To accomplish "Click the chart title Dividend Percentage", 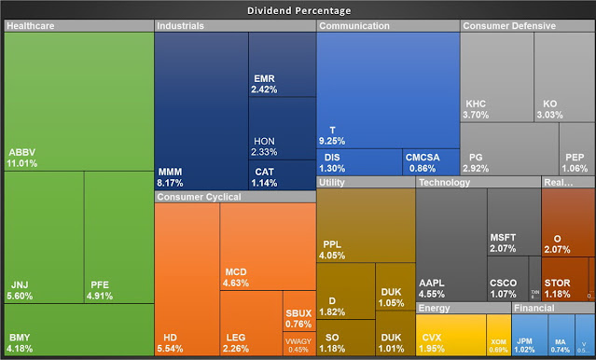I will tap(298, 10).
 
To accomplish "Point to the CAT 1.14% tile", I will tap(283, 174).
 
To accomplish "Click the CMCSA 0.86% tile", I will tap(431, 161).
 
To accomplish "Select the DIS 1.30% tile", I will tap(359, 161).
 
